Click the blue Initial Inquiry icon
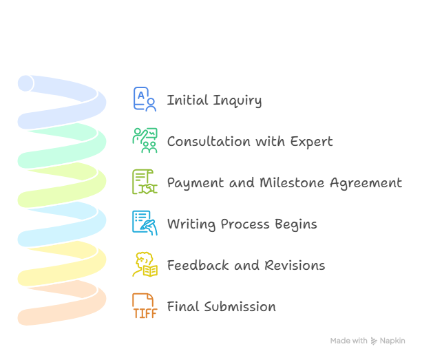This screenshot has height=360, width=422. [145, 99]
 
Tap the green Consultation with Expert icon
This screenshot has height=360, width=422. [145, 140]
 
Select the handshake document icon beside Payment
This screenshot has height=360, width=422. [145, 182]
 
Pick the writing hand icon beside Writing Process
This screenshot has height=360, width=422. [145, 223]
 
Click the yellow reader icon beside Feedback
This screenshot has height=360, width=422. [145, 264]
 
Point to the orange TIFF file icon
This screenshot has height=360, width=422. [145, 306]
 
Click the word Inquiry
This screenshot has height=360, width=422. [238, 100]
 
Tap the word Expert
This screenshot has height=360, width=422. [311, 142]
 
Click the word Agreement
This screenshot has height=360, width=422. [366, 183]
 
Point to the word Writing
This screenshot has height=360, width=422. [191, 224]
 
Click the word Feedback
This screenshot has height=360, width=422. [198, 265]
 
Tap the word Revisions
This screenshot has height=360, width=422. [295, 265]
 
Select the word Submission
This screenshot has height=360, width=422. [240, 306]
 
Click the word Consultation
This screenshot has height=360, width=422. [209, 141]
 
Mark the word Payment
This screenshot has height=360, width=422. [196, 183]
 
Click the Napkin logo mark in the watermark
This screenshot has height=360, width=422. [374, 341]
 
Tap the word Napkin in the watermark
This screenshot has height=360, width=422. [392, 341]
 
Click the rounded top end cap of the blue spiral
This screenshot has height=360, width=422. [25, 83]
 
